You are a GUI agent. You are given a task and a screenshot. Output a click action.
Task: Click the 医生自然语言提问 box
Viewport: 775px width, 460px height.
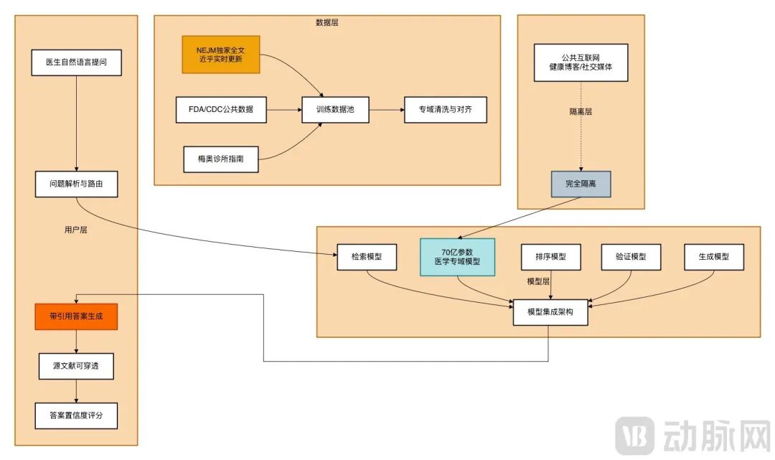coord(76,62)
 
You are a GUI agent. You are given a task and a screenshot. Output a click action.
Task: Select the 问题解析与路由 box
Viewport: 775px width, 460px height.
coord(76,184)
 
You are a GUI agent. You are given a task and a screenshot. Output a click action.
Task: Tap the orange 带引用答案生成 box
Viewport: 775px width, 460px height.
coord(76,316)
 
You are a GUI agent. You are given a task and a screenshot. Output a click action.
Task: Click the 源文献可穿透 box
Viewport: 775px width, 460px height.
coord(76,366)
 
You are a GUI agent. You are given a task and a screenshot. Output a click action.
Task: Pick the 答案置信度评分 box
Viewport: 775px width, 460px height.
coord(76,416)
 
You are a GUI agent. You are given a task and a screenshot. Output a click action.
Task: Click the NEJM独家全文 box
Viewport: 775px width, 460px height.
coord(220,55)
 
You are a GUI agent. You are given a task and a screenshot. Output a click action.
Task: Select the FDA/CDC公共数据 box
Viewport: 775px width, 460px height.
coord(220,110)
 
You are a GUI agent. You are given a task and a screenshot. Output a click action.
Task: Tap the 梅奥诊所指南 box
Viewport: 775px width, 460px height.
coord(220,159)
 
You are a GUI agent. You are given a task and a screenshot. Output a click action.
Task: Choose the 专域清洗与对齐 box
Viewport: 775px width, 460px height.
coord(445,110)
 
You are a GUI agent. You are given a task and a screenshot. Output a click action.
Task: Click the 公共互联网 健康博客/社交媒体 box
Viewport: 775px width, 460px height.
coord(581,62)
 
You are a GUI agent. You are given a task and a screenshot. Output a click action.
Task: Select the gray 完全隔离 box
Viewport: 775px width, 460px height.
coord(581,184)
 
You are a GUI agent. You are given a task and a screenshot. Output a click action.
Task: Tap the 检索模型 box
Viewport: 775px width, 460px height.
coord(367,257)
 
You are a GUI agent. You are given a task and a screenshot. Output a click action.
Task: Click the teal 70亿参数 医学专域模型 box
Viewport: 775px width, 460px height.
coord(457,257)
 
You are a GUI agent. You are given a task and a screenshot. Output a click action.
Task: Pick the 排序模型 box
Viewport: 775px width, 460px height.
coord(550,257)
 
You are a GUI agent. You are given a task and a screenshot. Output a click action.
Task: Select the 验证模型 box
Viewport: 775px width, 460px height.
coord(631,257)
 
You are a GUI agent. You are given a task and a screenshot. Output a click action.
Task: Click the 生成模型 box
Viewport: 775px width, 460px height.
coord(713,257)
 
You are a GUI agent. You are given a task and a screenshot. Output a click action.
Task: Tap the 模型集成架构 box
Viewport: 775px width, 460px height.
coord(550,312)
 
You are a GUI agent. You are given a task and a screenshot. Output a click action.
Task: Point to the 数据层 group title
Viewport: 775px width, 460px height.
coord(327,22)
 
